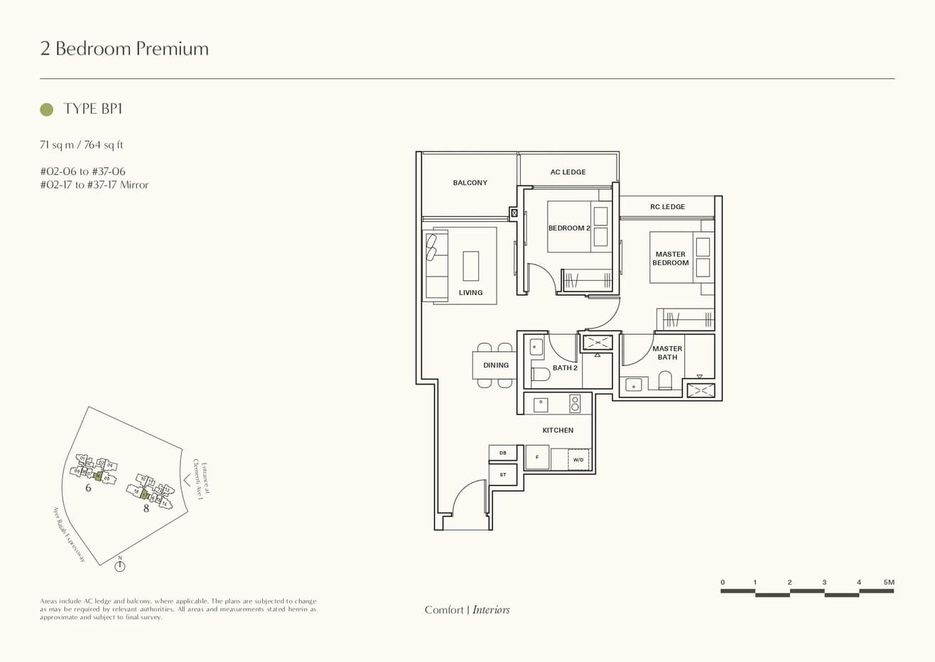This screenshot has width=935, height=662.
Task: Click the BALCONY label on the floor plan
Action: pos(470,183)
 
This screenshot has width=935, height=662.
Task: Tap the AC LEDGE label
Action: pos(568,172)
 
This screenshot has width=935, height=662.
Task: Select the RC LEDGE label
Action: pos(667,207)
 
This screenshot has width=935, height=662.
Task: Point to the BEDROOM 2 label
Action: pos(569,228)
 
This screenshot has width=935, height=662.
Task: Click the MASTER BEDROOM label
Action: pos(671,259)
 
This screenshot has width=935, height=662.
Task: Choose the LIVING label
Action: pos(470,292)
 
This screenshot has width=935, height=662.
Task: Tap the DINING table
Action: pos(495,365)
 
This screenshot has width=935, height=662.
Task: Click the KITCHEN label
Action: pos(558,430)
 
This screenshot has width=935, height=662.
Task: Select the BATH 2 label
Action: pos(565,368)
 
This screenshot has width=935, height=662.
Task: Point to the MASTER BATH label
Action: pos(667,353)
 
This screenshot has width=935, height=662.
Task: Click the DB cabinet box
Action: pos(503,453)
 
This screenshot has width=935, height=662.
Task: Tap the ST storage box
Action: pos(503,474)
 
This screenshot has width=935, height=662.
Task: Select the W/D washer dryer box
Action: pos(578,460)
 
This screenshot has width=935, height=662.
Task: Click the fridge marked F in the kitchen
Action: pos(537,457)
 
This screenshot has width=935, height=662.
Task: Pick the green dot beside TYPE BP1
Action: pos(47,110)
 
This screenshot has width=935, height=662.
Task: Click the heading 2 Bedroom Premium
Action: pos(124,48)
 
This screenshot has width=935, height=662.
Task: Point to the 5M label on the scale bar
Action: pos(889,582)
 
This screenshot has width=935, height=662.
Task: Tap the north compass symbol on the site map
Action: pos(120,566)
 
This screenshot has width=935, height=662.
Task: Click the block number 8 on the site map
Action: pos(146,508)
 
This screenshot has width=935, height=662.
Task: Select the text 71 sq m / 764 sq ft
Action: pos(82,145)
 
